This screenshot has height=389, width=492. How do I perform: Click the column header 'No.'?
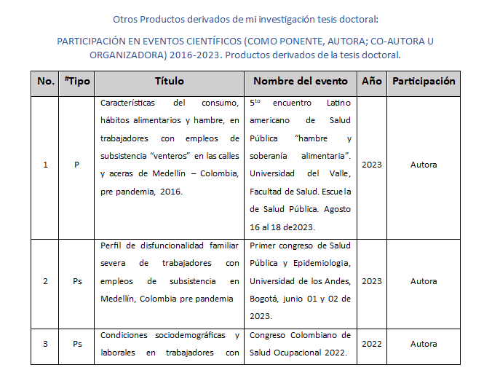coord(46,81)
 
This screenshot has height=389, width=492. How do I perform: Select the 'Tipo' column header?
coord(77,81)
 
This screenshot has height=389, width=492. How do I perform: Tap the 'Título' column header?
coord(170,81)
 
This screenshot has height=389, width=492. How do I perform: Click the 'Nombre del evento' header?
coord(301,81)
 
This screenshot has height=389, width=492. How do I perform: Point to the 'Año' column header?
coord(371,81)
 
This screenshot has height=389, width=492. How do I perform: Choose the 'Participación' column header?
coord(424,81)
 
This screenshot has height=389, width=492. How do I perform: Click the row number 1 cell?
coord(46,165)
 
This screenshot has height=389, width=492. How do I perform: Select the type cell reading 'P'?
coord(76,165)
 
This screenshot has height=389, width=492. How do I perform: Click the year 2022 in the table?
coord(371,344)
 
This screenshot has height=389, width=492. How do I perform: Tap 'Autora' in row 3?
coord(424,344)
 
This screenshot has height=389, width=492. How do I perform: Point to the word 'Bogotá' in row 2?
coord(266,299)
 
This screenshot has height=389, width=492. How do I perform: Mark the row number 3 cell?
coord(46,344)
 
